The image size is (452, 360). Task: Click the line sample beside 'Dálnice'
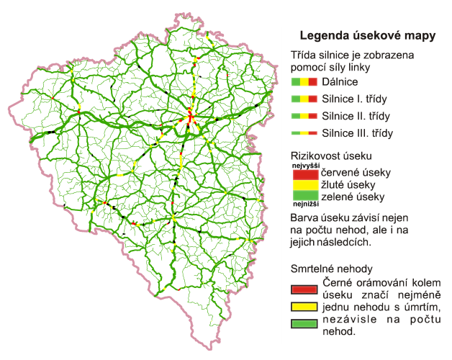click(x=304, y=83)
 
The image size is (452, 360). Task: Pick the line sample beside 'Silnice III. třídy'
click(x=304, y=132)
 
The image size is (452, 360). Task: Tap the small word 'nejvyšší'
click(x=304, y=166)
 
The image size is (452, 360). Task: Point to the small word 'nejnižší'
click(x=304, y=203)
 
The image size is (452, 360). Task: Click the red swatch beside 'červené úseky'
click(x=304, y=174)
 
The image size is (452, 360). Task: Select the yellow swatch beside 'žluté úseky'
click(x=304, y=185)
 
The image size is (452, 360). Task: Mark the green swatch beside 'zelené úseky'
click(x=304, y=195)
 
